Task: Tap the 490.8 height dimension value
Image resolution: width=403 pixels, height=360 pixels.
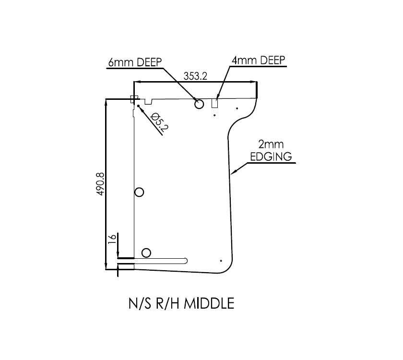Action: click(x=100, y=182)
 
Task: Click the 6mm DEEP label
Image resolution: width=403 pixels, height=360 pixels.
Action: click(x=135, y=62)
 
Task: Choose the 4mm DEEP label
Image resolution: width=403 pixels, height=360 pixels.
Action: click(x=258, y=60)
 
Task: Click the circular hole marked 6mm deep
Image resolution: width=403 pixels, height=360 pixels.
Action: click(x=199, y=104)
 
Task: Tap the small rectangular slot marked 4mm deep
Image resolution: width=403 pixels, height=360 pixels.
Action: click(x=216, y=103)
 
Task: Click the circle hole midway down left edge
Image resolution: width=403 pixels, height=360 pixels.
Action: click(x=140, y=192)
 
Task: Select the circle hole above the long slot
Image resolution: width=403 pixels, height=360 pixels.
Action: click(x=146, y=253)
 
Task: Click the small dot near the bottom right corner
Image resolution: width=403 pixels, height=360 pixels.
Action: click(x=220, y=260)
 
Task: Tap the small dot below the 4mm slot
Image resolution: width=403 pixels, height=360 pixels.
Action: click(x=214, y=115)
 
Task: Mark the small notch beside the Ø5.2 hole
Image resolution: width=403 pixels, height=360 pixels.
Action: click(x=149, y=101)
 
